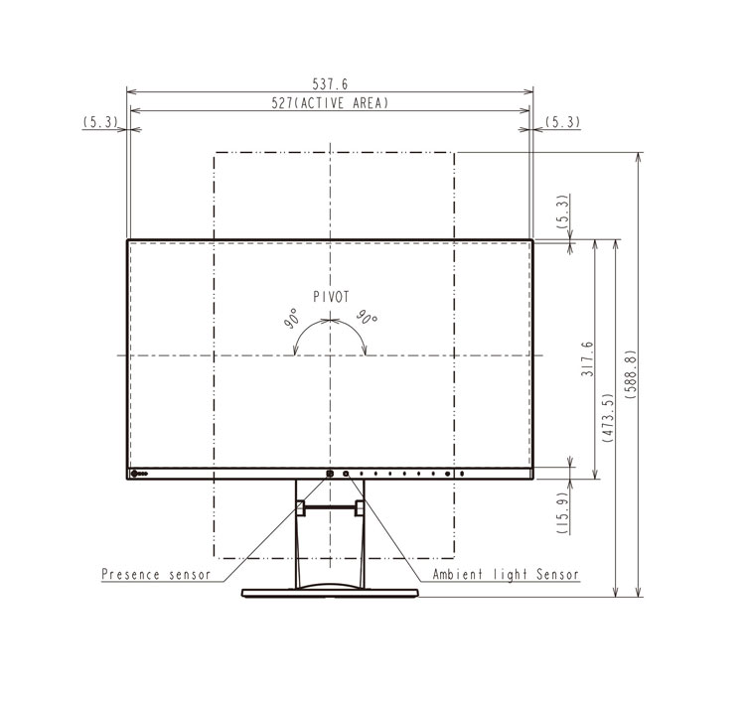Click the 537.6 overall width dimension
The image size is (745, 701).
coord(330,84)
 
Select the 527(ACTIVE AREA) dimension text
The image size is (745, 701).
coord(330,103)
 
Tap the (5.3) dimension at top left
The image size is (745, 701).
coord(100,122)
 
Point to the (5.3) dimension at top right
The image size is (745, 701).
coord(562,122)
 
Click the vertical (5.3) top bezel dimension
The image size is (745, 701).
coord(562,211)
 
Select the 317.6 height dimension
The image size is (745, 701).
coord(587,358)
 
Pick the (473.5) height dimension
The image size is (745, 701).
coord(608,418)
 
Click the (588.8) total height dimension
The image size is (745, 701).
coord(631,373)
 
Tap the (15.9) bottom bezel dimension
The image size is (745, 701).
coord(562,512)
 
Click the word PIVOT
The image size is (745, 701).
coord(331,297)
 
